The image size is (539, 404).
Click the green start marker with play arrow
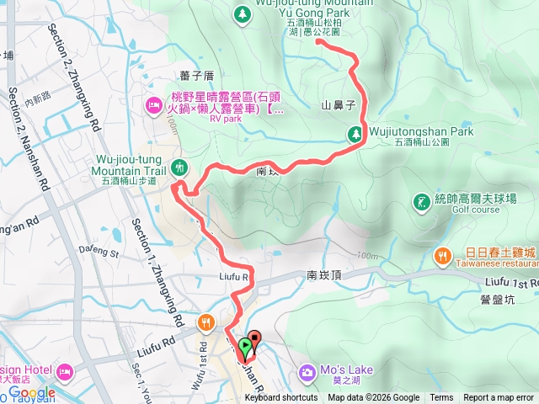244,345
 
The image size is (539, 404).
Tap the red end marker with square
254,338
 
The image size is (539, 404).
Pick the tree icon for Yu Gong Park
242,13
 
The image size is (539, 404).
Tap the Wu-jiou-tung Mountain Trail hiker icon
179,167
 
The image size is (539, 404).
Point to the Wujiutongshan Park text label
422,132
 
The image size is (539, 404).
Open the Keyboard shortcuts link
281,398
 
